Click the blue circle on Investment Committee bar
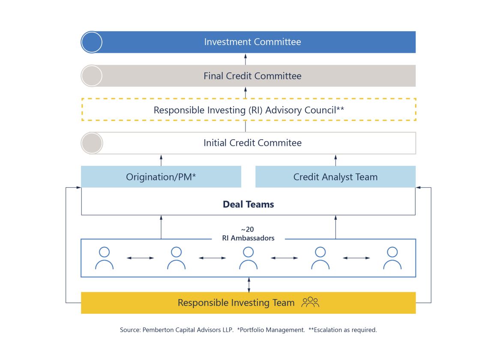pos(92,42)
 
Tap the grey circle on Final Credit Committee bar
pos(92,76)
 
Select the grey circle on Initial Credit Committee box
pos(92,143)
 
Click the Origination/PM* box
pos(161,177)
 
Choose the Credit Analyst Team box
pos(335,177)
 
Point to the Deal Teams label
pos(248,204)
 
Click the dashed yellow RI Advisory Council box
pos(248,110)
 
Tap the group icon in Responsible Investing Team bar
pos(310,303)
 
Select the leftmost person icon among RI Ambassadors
pos(104,258)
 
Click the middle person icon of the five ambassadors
pos(248,258)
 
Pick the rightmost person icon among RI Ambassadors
pos(392,258)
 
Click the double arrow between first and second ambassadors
pos(140,258)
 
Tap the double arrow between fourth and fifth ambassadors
pos(356,258)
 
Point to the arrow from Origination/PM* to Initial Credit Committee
pos(161,160)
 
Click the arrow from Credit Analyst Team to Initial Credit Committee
pos(335,160)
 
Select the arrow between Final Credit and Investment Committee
pos(246,59)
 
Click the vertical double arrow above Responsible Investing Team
pos(249,285)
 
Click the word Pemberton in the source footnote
pos(155,330)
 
